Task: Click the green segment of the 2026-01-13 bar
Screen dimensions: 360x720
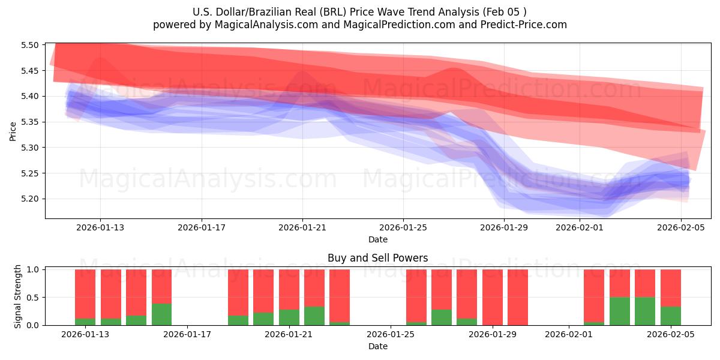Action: coord(85,322)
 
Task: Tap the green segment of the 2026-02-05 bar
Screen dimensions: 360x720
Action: coord(670,316)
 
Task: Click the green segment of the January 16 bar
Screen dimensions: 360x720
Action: coord(161,314)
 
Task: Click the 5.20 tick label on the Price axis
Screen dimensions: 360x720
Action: coord(30,199)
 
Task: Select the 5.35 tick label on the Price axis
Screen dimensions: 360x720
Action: coord(30,122)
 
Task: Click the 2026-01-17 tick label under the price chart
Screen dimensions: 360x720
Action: coord(201,227)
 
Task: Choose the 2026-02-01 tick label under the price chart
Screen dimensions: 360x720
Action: coord(580,227)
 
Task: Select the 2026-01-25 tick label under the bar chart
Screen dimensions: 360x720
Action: coord(391,334)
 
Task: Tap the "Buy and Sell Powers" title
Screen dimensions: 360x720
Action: coord(377,258)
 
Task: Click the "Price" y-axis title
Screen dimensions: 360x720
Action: coord(13,131)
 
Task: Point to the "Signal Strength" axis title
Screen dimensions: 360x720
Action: coord(18,296)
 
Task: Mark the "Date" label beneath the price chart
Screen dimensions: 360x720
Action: coord(377,239)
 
